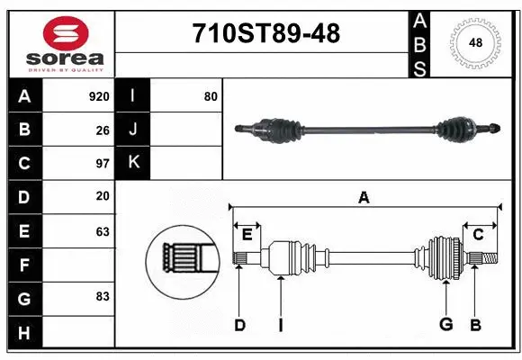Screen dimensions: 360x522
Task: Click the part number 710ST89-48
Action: pyautogui.click(x=266, y=34)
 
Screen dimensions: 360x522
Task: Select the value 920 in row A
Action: pyautogui.click(x=99, y=96)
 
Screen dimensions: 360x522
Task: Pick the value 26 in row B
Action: pyautogui.click(x=103, y=130)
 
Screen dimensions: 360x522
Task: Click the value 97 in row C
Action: pyautogui.click(x=103, y=164)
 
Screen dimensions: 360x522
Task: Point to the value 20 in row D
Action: pyautogui.click(x=103, y=196)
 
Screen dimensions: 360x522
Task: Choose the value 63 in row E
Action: pyautogui.click(x=103, y=231)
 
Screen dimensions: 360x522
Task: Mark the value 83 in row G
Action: pyautogui.click(x=103, y=296)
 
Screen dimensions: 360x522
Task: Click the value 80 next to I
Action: pyautogui.click(x=211, y=96)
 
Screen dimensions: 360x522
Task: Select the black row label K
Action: pyautogui.click(x=133, y=163)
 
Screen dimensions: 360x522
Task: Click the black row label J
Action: pyautogui.click(x=133, y=130)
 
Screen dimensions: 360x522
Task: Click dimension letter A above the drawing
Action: pyautogui.click(x=364, y=197)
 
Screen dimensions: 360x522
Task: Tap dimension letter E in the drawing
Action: pyautogui.click(x=247, y=235)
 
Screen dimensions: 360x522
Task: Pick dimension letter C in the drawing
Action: pyautogui.click(x=479, y=235)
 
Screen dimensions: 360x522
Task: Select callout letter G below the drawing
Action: pyautogui.click(x=445, y=324)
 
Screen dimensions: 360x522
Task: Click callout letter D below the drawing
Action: pyautogui.click(x=239, y=324)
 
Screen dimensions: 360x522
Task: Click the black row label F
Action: pyautogui.click(x=24, y=265)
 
